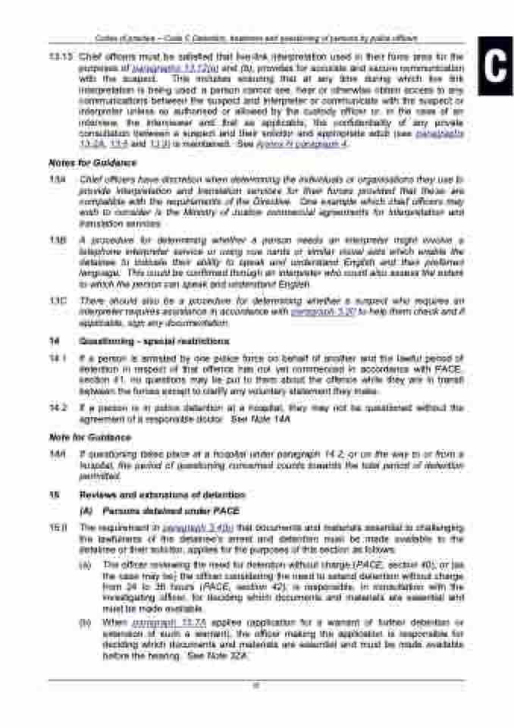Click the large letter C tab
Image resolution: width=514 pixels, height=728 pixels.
tap(494, 66)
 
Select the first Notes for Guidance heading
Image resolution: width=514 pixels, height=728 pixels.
tap(92, 163)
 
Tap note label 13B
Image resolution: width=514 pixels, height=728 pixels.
tap(55, 239)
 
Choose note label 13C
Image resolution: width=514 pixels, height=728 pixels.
tap(55, 301)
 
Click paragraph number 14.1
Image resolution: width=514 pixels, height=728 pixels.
tap(55, 357)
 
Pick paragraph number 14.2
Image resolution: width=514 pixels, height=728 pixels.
tap(55, 408)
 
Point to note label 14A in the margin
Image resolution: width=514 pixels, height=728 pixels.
tap(55, 453)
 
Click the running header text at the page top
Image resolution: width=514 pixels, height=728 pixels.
tap(258, 38)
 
